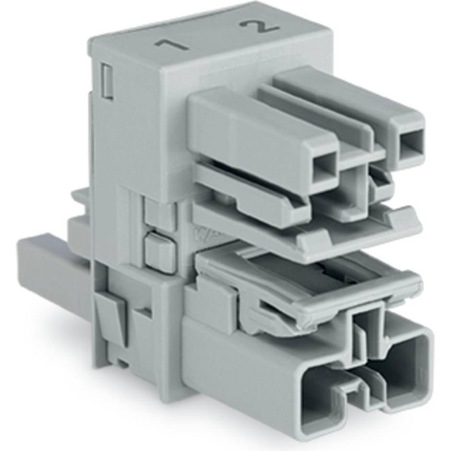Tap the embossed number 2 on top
click(x=262, y=27)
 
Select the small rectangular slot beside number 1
click(x=108, y=82)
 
